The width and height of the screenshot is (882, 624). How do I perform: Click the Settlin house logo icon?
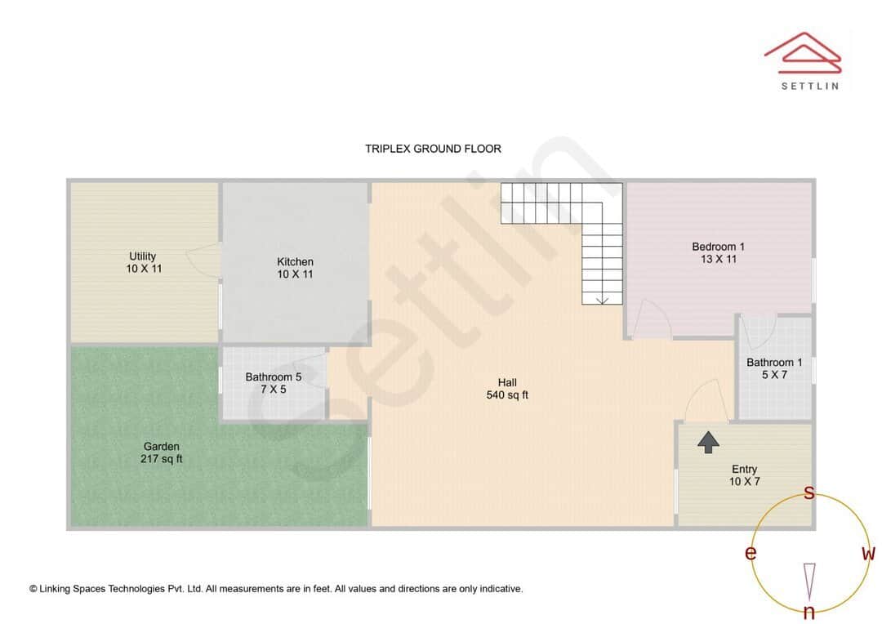click(x=802, y=51)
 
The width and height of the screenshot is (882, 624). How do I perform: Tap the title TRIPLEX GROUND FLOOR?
click(x=433, y=149)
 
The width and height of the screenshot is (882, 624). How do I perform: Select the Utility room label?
click(x=143, y=262)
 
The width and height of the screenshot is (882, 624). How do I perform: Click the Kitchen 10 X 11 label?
click(x=295, y=268)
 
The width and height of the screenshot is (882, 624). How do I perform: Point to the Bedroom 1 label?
click(x=718, y=252)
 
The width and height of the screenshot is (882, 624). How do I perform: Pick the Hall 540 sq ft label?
click(x=507, y=389)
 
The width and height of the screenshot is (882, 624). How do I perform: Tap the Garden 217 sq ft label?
click(x=161, y=452)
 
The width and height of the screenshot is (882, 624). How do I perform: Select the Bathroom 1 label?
click(x=774, y=368)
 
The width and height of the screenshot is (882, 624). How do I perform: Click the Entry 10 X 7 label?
click(x=744, y=475)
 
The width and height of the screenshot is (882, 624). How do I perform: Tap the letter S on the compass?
click(x=809, y=493)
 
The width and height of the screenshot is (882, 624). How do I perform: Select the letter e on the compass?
click(x=750, y=554)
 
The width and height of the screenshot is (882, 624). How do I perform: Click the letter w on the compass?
click(x=868, y=554)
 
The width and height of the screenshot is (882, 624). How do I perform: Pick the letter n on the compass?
click(x=808, y=612)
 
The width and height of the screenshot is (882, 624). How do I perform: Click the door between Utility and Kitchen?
click(x=204, y=261)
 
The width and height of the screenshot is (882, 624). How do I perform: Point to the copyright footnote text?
click(x=276, y=588)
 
